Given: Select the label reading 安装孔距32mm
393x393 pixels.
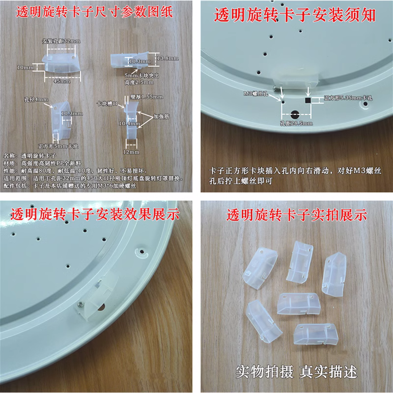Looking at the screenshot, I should point(61,41).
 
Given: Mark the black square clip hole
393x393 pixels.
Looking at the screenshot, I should point(308,100).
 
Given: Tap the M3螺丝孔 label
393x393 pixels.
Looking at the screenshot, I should point(255,92).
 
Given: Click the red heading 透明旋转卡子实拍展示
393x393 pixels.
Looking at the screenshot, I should point(295,215).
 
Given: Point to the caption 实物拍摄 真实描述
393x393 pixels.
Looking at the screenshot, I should point(295,370).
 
